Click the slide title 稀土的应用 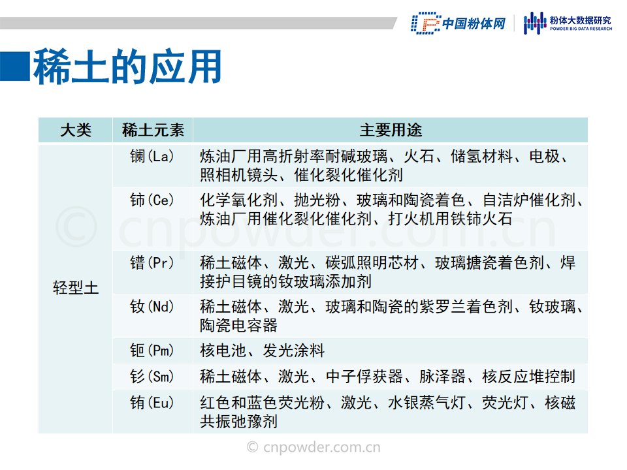click(x=127, y=67)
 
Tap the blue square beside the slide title click(x=15, y=67)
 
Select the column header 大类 click(x=76, y=131)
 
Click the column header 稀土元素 click(x=153, y=131)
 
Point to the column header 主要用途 click(x=391, y=131)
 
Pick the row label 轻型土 click(x=76, y=288)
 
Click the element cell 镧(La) click(x=152, y=156)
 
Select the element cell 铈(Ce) click(x=152, y=200)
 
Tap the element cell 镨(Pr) click(x=152, y=262)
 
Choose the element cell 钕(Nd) click(x=152, y=307)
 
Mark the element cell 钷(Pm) click(x=152, y=351)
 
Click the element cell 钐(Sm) click(x=152, y=377)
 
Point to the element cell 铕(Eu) click(x=152, y=403)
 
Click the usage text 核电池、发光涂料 click(x=262, y=351)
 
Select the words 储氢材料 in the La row click(x=482, y=156)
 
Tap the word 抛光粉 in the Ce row click(x=317, y=200)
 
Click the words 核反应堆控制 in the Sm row click(x=528, y=377)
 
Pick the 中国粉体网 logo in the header click(x=458, y=23)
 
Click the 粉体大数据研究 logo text click(x=581, y=20)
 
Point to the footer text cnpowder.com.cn click(x=313, y=446)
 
